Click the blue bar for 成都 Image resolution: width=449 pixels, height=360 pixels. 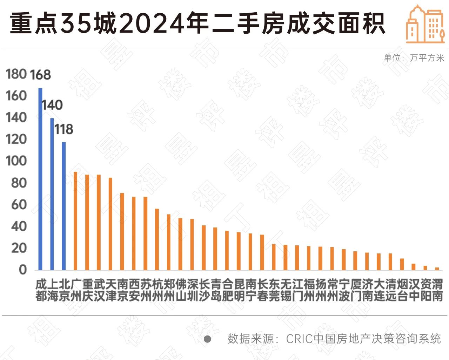pyautogui.click(x=40, y=179)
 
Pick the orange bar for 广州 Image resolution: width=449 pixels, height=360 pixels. pyautogui.click(x=75, y=221)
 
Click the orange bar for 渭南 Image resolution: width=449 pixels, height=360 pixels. pyautogui.click(x=437, y=269)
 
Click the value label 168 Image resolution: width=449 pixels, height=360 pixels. pyautogui.click(x=40, y=75)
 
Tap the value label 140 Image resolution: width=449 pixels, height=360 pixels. pyautogui.click(x=52, y=105)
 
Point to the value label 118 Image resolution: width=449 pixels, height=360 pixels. pyautogui.click(x=63, y=129)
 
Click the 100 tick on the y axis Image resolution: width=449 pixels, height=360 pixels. pyautogui.click(x=16, y=161)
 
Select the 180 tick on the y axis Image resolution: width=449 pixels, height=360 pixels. pyautogui.click(x=16, y=74)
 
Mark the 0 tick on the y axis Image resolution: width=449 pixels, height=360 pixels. pyautogui.click(x=22, y=270)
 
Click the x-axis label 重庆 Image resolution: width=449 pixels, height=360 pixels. pyautogui.click(x=87, y=290)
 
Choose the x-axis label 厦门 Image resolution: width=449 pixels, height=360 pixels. pyautogui.click(x=355, y=290)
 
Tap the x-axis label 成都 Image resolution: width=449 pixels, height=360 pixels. pyautogui.click(x=41, y=290)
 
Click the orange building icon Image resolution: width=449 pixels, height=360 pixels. pyautogui.click(x=425, y=25)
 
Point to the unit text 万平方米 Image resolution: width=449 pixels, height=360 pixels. pyautogui.click(x=427, y=58)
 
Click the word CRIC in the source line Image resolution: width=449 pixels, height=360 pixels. pyautogui.click(x=299, y=339)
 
